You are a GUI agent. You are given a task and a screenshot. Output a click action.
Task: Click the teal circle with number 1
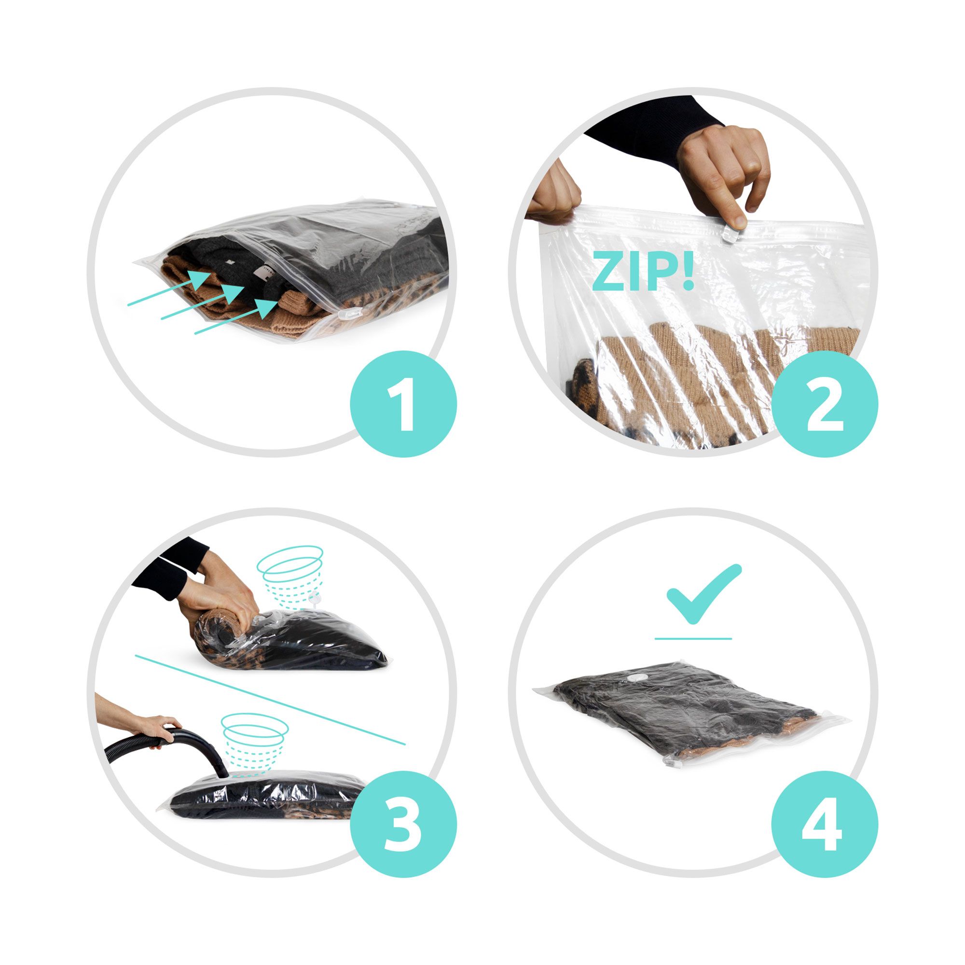403,403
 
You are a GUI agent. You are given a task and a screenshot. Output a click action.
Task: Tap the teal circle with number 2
825,403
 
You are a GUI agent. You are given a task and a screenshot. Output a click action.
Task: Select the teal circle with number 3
403,825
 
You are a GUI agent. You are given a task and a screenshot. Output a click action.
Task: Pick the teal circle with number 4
825,825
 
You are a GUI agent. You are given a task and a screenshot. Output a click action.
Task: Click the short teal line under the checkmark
693,638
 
